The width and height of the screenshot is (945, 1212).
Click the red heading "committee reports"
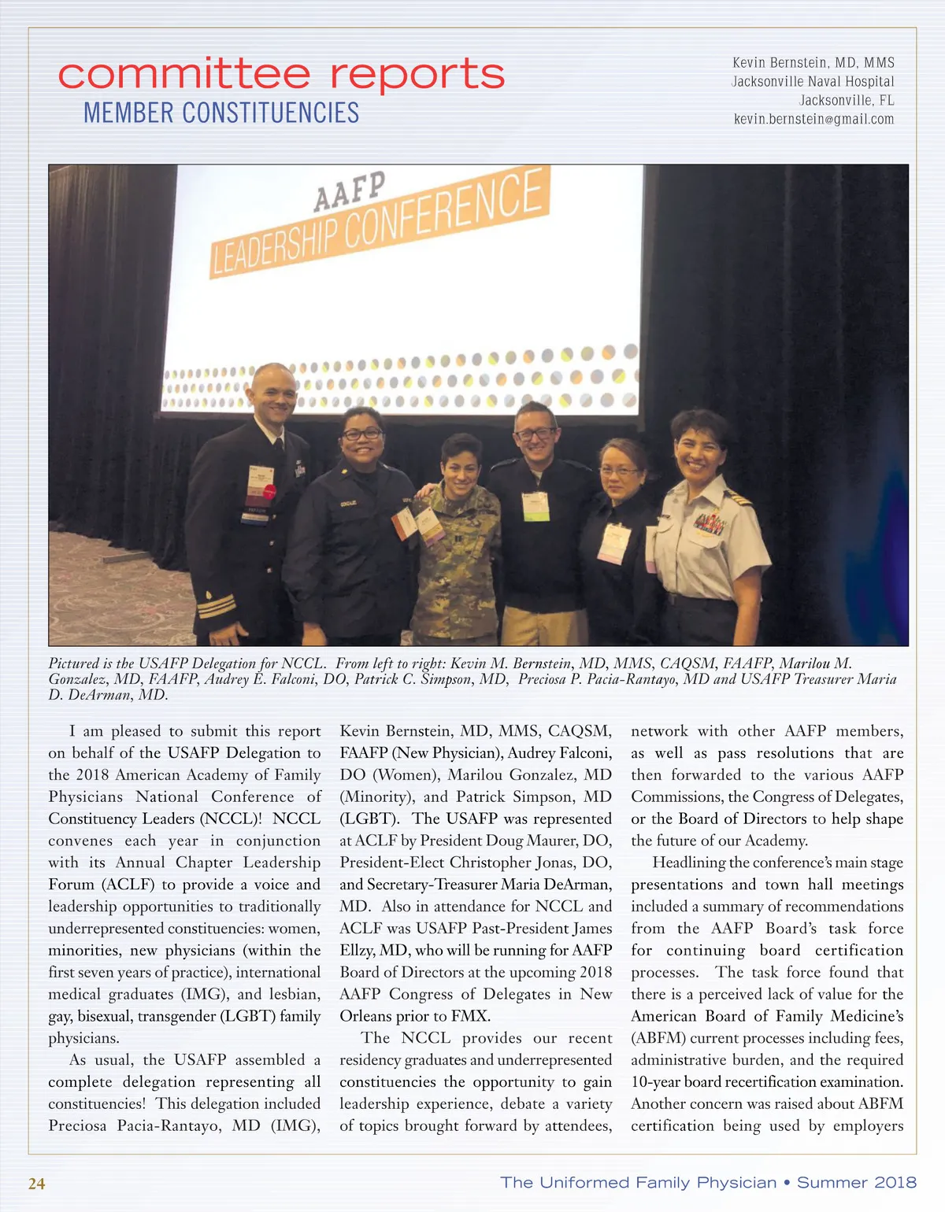click(281, 75)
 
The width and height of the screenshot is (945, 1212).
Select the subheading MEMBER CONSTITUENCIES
click(221, 113)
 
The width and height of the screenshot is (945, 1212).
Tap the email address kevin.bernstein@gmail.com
click(813, 120)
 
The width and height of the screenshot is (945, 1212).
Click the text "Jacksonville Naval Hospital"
click(813, 82)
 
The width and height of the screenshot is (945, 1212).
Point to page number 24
click(37, 1184)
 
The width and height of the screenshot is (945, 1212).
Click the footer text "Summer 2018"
click(857, 1182)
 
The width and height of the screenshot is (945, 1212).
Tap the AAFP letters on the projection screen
click(350, 191)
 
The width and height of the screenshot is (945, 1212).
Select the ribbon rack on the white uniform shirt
click(710, 523)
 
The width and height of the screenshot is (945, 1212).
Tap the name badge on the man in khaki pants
click(535, 506)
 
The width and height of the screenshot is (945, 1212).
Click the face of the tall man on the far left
click(272, 398)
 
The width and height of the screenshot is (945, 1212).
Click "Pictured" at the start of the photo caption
click(73, 663)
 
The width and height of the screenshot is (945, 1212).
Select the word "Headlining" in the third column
click(688, 863)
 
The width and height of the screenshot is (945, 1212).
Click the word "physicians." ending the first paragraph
click(83, 1038)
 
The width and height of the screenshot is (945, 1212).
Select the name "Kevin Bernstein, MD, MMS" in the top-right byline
click(813, 63)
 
